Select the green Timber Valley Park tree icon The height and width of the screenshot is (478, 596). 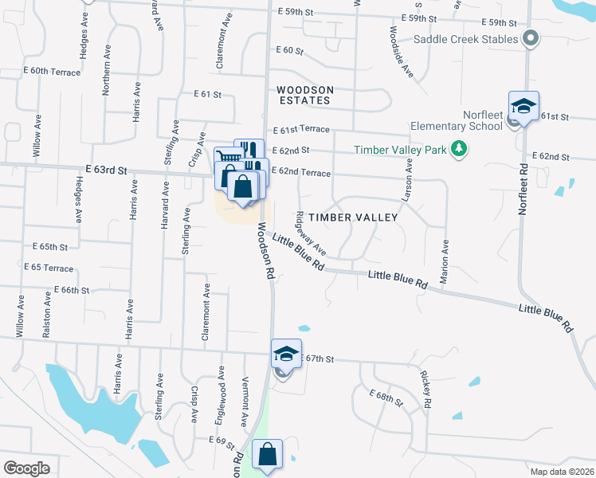[458, 149]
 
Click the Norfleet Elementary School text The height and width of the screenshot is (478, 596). [456, 119]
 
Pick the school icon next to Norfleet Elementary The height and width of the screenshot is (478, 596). [523, 106]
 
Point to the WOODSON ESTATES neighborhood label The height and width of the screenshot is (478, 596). [303, 95]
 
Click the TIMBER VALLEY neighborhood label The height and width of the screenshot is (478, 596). [353, 217]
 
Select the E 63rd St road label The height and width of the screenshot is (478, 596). [106, 170]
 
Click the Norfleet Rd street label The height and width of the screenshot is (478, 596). [523, 190]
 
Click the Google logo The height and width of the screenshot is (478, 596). [26, 468]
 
